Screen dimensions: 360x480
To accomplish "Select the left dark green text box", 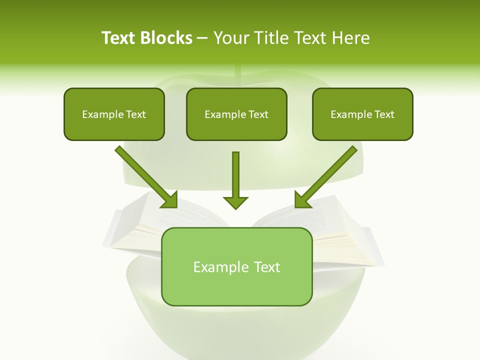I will click(x=114, y=114).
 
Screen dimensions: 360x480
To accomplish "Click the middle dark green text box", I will click(x=236, y=114).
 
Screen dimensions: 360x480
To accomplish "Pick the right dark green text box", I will click(x=362, y=114).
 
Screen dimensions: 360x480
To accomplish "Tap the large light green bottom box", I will click(x=236, y=266).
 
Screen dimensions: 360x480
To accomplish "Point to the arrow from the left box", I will click(x=145, y=175).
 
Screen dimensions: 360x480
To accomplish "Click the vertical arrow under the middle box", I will click(x=235, y=177).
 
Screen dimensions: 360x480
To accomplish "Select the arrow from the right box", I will click(x=327, y=175).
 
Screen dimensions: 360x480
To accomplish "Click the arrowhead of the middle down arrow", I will click(x=235, y=202).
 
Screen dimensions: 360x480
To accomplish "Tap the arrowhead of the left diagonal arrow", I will click(x=170, y=200).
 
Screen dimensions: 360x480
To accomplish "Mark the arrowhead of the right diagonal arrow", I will click(x=302, y=200).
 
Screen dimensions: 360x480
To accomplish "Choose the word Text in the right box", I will click(x=384, y=114).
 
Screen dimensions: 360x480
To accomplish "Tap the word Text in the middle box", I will click(x=258, y=114).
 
